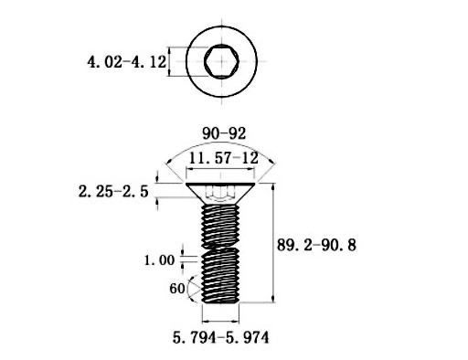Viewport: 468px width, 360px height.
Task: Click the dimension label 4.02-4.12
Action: pyautogui.click(x=126, y=62)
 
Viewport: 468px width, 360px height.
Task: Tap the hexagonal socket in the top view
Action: pyautogui.click(x=221, y=61)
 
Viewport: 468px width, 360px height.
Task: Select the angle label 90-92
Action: pyautogui.click(x=224, y=133)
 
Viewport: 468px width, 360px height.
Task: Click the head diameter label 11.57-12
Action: pyautogui.click(x=224, y=158)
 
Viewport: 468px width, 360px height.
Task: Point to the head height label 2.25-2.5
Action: pyautogui.click(x=113, y=192)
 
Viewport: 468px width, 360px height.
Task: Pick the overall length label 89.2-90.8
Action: pyautogui.click(x=316, y=245)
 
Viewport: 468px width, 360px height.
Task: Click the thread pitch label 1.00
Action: pyautogui.click(x=159, y=260)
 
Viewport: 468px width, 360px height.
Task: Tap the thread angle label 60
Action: pyautogui.click(x=177, y=288)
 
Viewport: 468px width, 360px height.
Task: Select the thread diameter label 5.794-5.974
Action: pyautogui.click(x=221, y=337)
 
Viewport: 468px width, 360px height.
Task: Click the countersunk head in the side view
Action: pyautogui.click(x=220, y=193)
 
